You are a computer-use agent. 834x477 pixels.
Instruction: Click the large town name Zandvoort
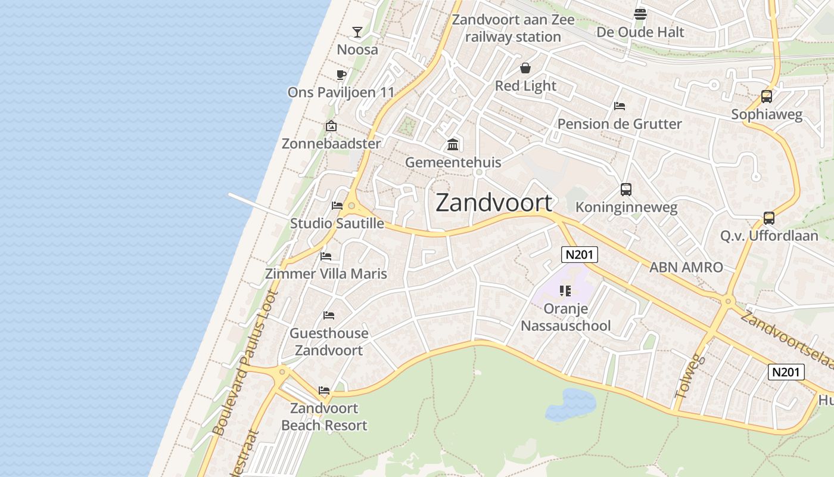point(494,203)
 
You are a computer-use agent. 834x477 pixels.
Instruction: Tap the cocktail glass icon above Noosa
point(357,32)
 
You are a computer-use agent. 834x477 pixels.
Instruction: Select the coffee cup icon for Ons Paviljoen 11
point(341,75)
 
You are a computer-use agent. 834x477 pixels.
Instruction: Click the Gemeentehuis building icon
point(453,144)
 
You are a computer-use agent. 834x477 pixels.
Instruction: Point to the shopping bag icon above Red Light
point(525,68)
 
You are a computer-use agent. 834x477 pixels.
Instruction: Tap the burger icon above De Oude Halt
point(640,14)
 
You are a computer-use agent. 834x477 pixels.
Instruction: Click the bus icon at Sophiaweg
point(767,96)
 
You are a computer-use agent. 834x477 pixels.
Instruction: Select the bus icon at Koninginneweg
point(626,190)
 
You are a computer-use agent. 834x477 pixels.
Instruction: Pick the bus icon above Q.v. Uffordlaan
point(769,218)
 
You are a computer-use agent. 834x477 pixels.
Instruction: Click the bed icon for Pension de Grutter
point(620,106)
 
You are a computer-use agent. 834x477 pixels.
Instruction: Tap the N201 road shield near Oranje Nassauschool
point(580,255)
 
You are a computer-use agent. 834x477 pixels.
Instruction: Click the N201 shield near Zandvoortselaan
point(786,372)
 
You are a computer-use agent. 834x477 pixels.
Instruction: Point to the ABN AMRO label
point(686,267)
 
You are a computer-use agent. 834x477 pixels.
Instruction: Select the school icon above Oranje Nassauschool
point(565,291)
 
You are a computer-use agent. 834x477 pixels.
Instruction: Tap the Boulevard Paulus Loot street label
point(245,362)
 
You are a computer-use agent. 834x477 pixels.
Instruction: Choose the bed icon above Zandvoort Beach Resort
point(324,391)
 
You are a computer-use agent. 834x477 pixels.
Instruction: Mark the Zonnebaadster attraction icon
point(331,126)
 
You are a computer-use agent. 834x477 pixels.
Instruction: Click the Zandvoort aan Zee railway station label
point(513,28)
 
